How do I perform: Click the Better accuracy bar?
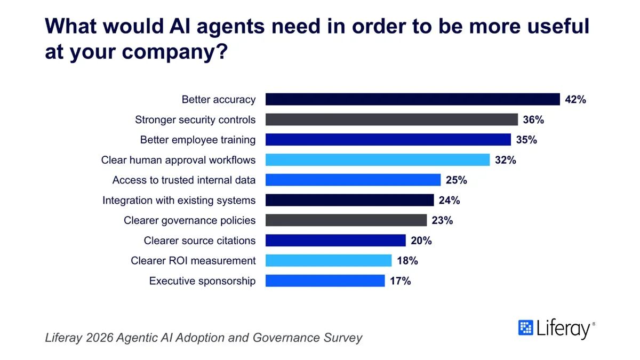point(413,99)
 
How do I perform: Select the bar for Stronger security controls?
point(391,119)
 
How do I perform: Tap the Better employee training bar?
point(388,139)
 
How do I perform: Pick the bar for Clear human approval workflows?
point(378,159)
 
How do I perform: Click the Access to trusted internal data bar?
point(353,180)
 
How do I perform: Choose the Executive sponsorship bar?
point(325,281)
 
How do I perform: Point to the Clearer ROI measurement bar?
point(329,260)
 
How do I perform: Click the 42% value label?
point(575,99)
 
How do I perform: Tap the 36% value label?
point(533,119)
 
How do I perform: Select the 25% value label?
point(457,180)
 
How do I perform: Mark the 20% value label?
point(421,241)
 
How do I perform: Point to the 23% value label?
point(442,220)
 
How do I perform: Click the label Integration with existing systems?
point(179,201)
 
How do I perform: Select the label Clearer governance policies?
point(190,221)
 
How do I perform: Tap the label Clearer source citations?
point(199,241)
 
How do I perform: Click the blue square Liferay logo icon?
point(526,327)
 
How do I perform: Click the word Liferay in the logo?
point(563,329)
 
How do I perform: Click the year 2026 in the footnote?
point(100,338)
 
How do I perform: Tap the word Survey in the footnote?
point(343,338)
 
